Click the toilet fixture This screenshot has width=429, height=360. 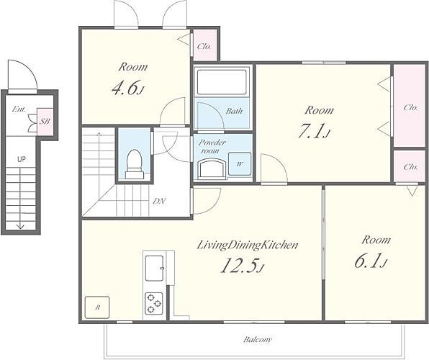coord(135,164)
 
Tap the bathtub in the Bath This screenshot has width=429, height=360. coord(222,82)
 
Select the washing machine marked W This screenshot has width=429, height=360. coord(240,163)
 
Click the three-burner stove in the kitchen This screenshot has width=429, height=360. coord(154,303)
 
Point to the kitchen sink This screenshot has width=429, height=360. coord(154,269)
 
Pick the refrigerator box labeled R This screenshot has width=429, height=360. coord(97,307)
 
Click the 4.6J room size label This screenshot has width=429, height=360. coord(128,88)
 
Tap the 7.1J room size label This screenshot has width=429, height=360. coord(314,131)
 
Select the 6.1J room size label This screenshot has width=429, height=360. coord(371,261)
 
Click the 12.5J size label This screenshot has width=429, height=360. coord(242,266)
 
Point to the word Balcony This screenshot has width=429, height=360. coord(258,340)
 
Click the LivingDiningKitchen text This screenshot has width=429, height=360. coord(248,245)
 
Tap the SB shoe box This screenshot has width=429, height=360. coord(45,121)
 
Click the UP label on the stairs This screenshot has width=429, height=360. coord(22,159)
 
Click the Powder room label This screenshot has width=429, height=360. coord(212,146)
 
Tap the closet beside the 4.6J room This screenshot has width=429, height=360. coord(205,45)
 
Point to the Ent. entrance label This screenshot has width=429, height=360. coord(19,109)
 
